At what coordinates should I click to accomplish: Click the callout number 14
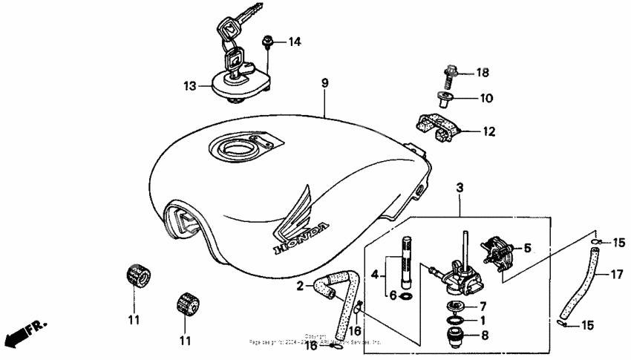295,42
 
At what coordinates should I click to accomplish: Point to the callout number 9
324,83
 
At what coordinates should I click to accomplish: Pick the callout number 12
488,132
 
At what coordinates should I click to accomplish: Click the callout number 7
482,306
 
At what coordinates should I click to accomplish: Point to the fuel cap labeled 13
238,82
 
